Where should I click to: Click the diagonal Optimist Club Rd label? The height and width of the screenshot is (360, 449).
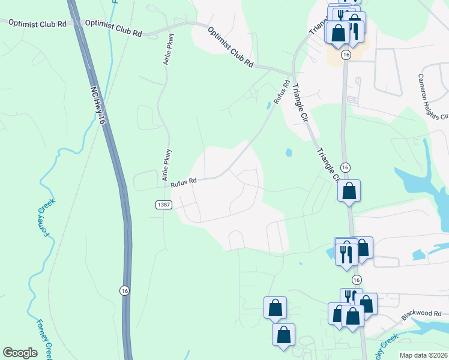click(x=231, y=46)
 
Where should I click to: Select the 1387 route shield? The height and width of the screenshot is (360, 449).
click(x=164, y=205)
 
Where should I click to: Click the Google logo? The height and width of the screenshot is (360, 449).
click(x=20, y=353)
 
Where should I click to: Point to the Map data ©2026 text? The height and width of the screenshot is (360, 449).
click(x=423, y=355)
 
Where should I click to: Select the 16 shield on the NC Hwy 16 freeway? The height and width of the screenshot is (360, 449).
click(x=123, y=289)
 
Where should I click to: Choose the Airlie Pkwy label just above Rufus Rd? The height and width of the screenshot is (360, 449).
click(x=167, y=165)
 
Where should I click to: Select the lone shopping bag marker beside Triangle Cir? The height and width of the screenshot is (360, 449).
click(x=349, y=191)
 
